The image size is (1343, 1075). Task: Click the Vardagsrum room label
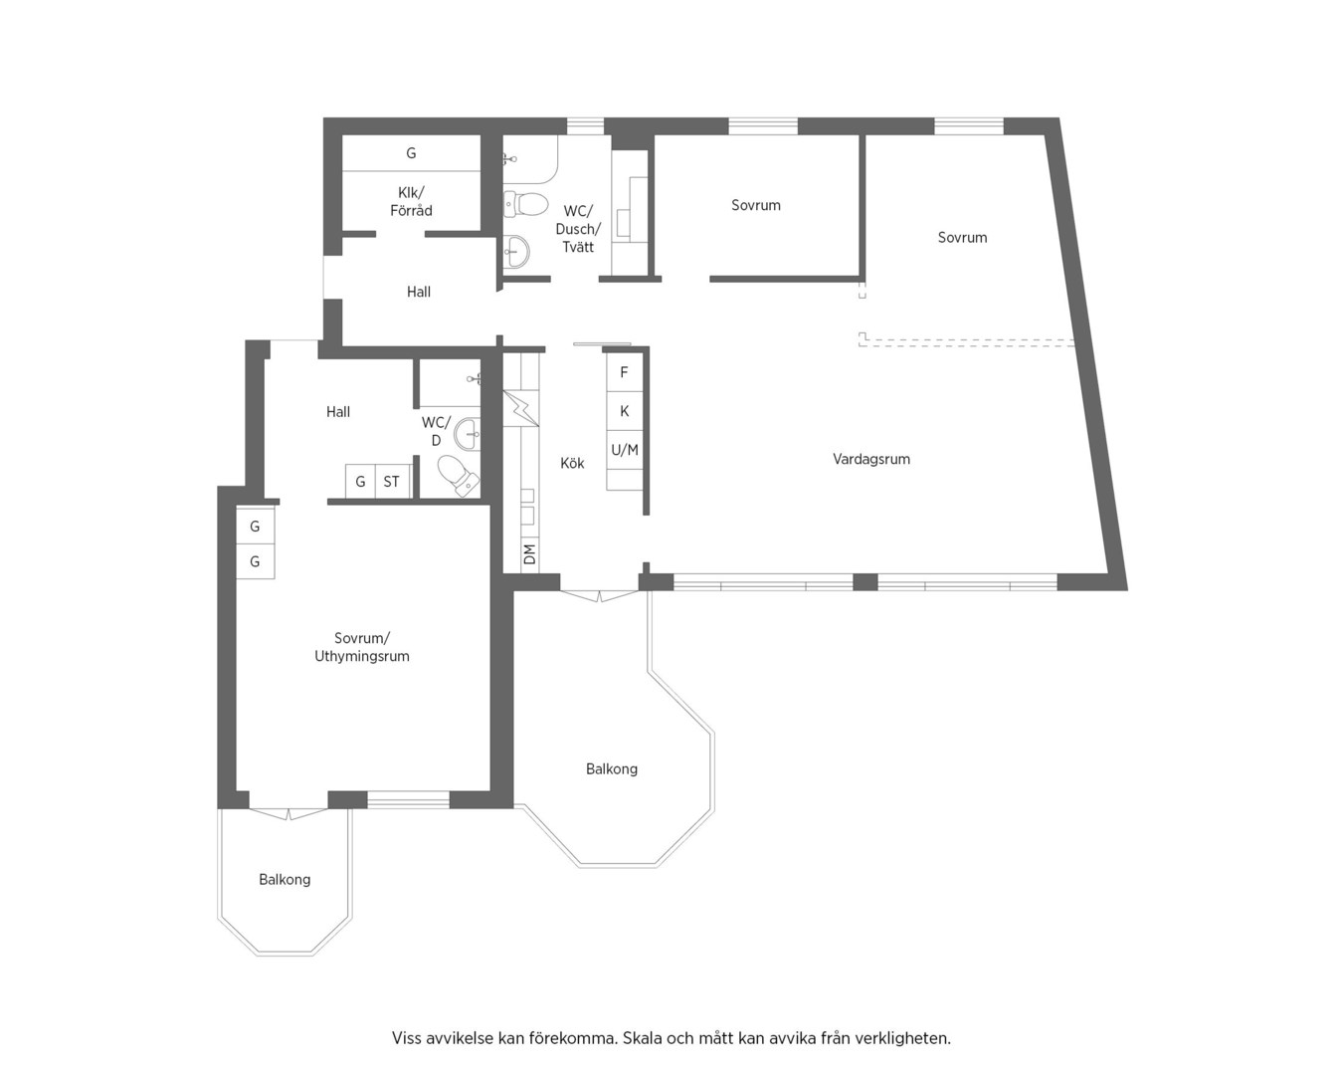[x=871, y=459]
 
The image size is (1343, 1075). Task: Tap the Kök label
[x=572, y=463]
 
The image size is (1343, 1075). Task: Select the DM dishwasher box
[x=530, y=554]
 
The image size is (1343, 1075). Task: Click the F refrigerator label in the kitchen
[x=624, y=373]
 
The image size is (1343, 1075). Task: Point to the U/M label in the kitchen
[x=625, y=450]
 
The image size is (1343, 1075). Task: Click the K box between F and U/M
[x=625, y=411]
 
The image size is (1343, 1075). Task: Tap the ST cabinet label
[x=391, y=482]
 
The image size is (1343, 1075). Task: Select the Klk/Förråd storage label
[x=411, y=201]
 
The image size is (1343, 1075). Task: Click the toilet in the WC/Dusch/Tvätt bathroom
[x=525, y=204]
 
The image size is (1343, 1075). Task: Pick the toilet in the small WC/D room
[x=459, y=476]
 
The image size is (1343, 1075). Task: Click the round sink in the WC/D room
[x=468, y=434]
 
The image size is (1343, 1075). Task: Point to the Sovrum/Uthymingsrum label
[x=362, y=647]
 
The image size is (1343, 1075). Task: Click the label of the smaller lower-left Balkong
[x=285, y=880]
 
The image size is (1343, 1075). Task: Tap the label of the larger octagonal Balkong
[x=612, y=769]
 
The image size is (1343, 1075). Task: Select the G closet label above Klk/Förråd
[x=411, y=153]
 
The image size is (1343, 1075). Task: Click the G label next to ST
[x=360, y=482]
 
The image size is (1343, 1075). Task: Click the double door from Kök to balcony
[x=599, y=595]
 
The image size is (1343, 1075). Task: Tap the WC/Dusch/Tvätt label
[x=578, y=229]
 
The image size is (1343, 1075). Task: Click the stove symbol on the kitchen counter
[x=520, y=408]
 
